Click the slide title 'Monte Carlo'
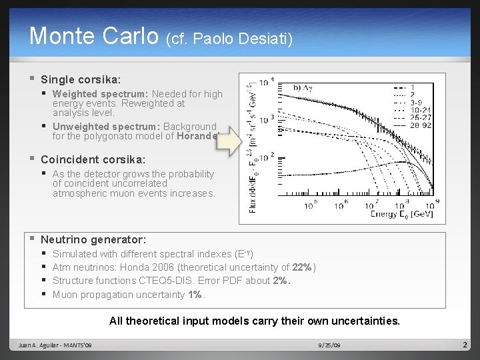click(94, 36)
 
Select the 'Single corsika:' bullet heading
click(81, 79)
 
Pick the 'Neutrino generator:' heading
click(93, 239)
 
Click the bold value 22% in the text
click(301, 267)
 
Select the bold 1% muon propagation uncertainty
click(195, 295)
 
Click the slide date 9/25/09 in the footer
click(329, 345)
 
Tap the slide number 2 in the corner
click(464, 345)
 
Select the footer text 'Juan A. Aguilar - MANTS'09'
click(55, 345)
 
